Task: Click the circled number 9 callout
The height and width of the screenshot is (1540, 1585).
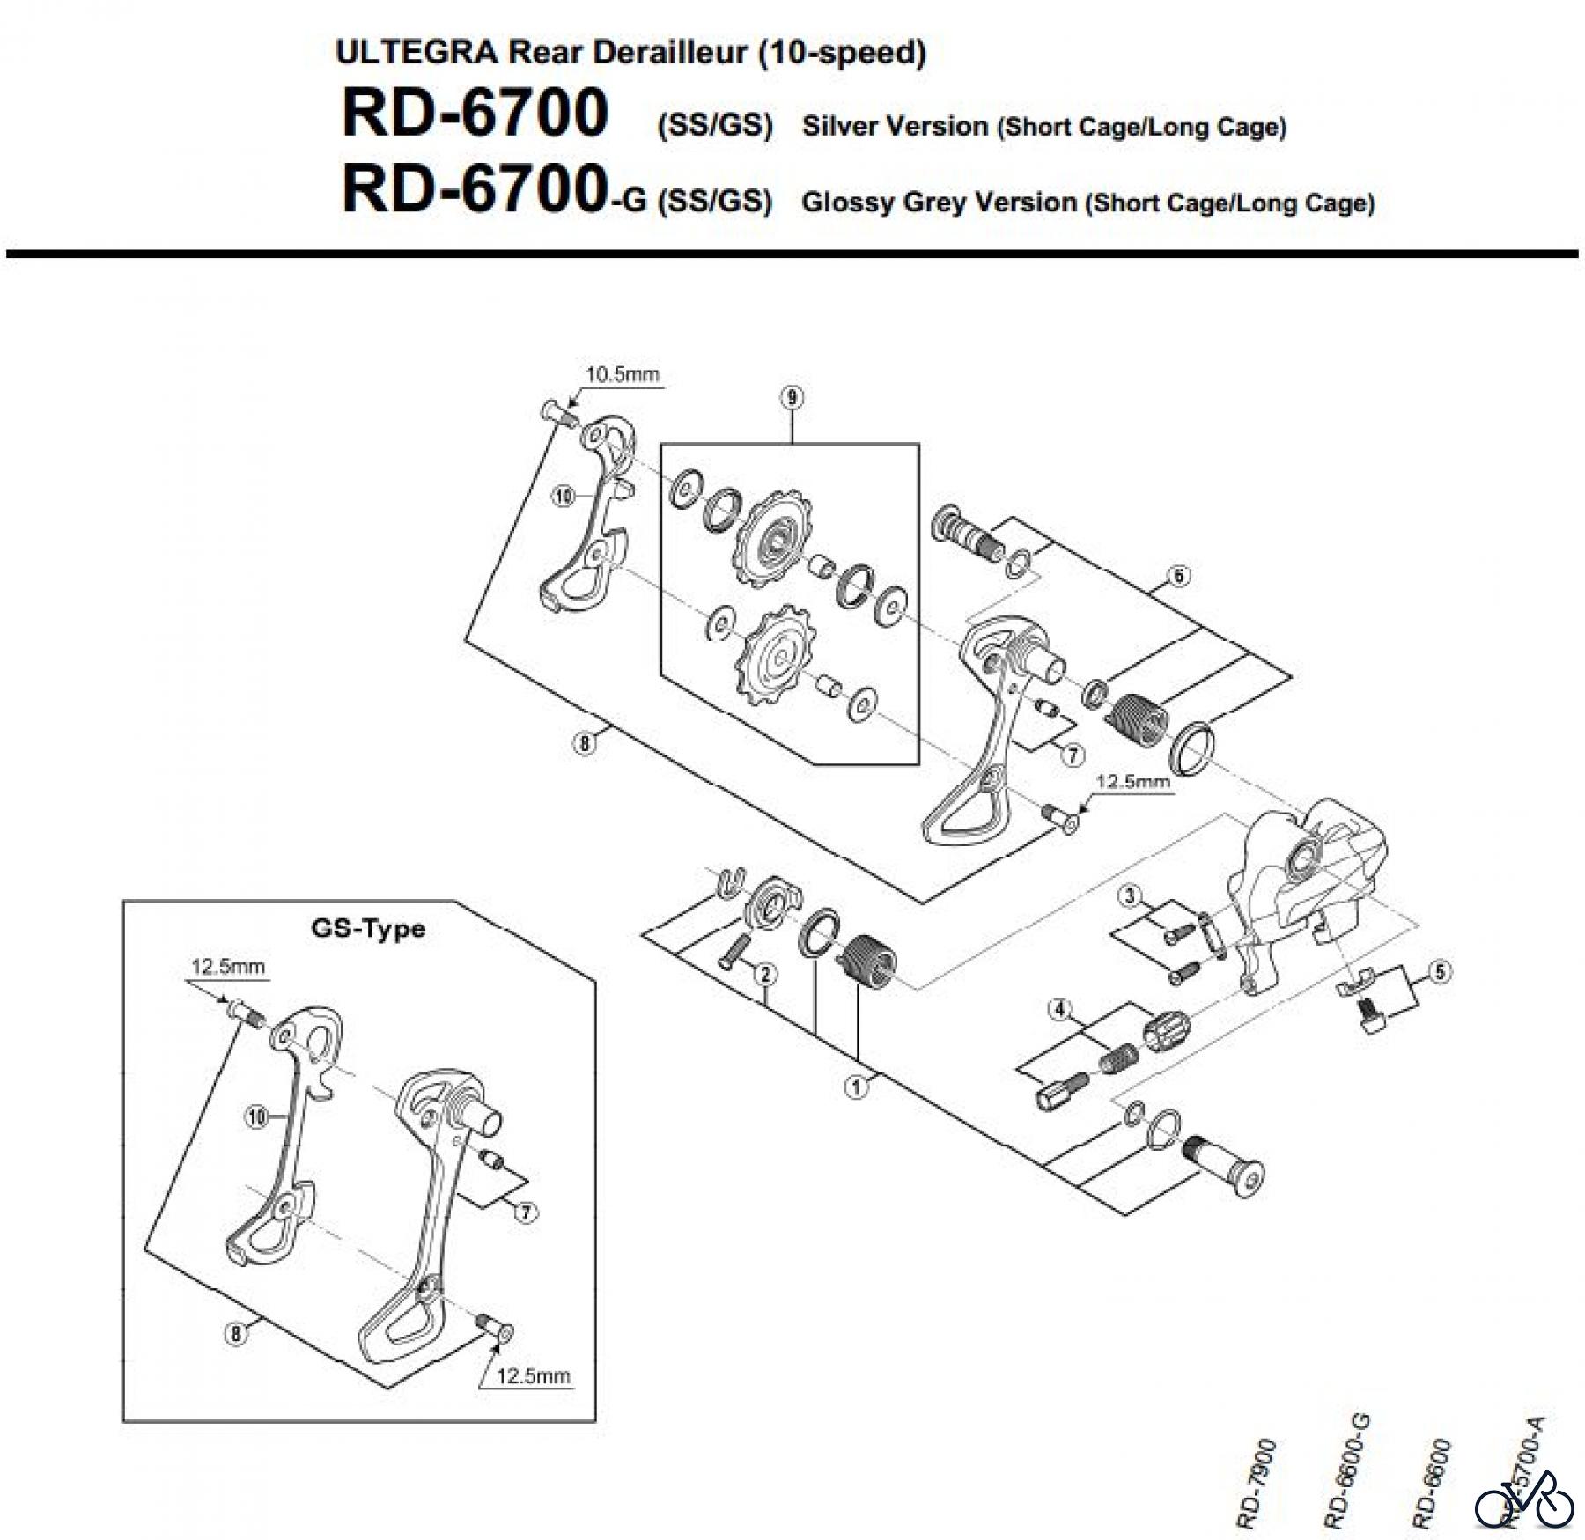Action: [x=792, y=398]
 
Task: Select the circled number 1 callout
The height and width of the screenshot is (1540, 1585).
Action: [x=856, y=1087]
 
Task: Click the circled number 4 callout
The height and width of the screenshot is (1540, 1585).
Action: [x=1059, y=1008]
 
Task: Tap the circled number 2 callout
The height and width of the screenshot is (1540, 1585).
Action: [x=765, y=974]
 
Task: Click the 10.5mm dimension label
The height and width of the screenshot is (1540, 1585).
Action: [x=623, y=374]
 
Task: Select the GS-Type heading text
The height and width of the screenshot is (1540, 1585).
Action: [x=367, y=928]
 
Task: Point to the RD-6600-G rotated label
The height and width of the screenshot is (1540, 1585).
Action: [x=1346, y=1470]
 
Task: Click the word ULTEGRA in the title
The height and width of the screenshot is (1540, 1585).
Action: [x=416, y=52]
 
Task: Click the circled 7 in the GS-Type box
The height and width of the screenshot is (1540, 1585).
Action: [x=525, y=1212]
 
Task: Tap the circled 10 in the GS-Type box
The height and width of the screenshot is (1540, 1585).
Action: [x=255, y=1117]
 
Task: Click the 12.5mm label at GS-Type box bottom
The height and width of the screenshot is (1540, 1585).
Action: [x=534, y=1374]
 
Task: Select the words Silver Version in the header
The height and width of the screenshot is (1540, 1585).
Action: [x=895, y=126]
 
